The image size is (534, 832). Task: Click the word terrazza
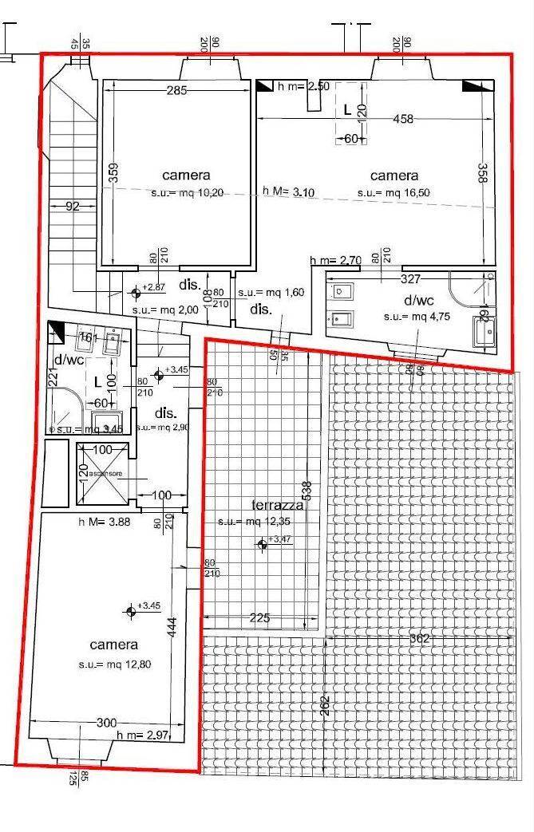[277, 505]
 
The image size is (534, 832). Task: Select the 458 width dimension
[404, 119]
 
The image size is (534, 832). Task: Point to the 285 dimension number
[176, 90]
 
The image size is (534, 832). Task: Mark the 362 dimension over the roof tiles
[419, 638]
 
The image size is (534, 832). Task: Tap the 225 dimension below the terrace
[260, 617]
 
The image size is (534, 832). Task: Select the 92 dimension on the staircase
[73, 206]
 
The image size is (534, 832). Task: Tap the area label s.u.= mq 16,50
[394, 192]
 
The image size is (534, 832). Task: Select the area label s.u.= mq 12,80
[113, 664]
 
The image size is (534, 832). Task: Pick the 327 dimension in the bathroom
[411, 279]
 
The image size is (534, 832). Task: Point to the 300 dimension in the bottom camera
[106, 723]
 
